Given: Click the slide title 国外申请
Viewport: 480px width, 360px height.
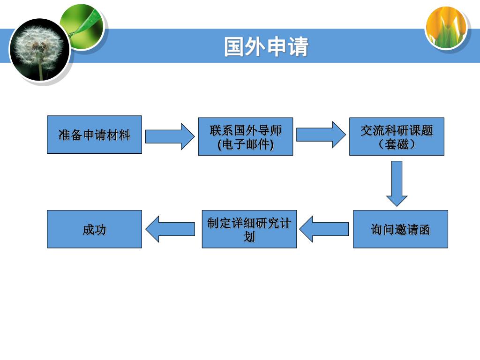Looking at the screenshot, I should click(266, 47).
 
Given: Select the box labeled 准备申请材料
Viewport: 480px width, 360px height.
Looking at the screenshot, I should click(94, 135).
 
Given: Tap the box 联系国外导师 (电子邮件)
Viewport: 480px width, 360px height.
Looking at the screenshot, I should click(246, 136).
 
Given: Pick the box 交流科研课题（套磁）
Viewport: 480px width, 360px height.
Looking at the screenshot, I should click(397, 136).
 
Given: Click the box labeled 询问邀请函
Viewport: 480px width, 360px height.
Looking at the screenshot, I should click(400, 229).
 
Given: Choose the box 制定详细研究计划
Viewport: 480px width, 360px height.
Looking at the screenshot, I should click(249, 229).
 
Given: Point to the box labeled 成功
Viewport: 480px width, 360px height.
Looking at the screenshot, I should click(94, 229).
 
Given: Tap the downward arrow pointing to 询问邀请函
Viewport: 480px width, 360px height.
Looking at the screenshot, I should click(397, 183).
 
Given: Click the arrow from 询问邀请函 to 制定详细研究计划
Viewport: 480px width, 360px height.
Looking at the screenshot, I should click(324, 229).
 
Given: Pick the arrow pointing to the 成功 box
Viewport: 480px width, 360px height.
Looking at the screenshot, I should click(170, 229).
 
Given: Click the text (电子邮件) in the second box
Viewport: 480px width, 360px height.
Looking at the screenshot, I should click(246, 144).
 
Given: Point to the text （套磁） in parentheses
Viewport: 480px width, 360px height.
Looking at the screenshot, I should click(397, 144).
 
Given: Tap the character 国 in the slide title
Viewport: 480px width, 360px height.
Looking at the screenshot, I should click(234, 47).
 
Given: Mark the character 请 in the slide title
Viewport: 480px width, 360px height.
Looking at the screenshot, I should click(298, 47).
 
